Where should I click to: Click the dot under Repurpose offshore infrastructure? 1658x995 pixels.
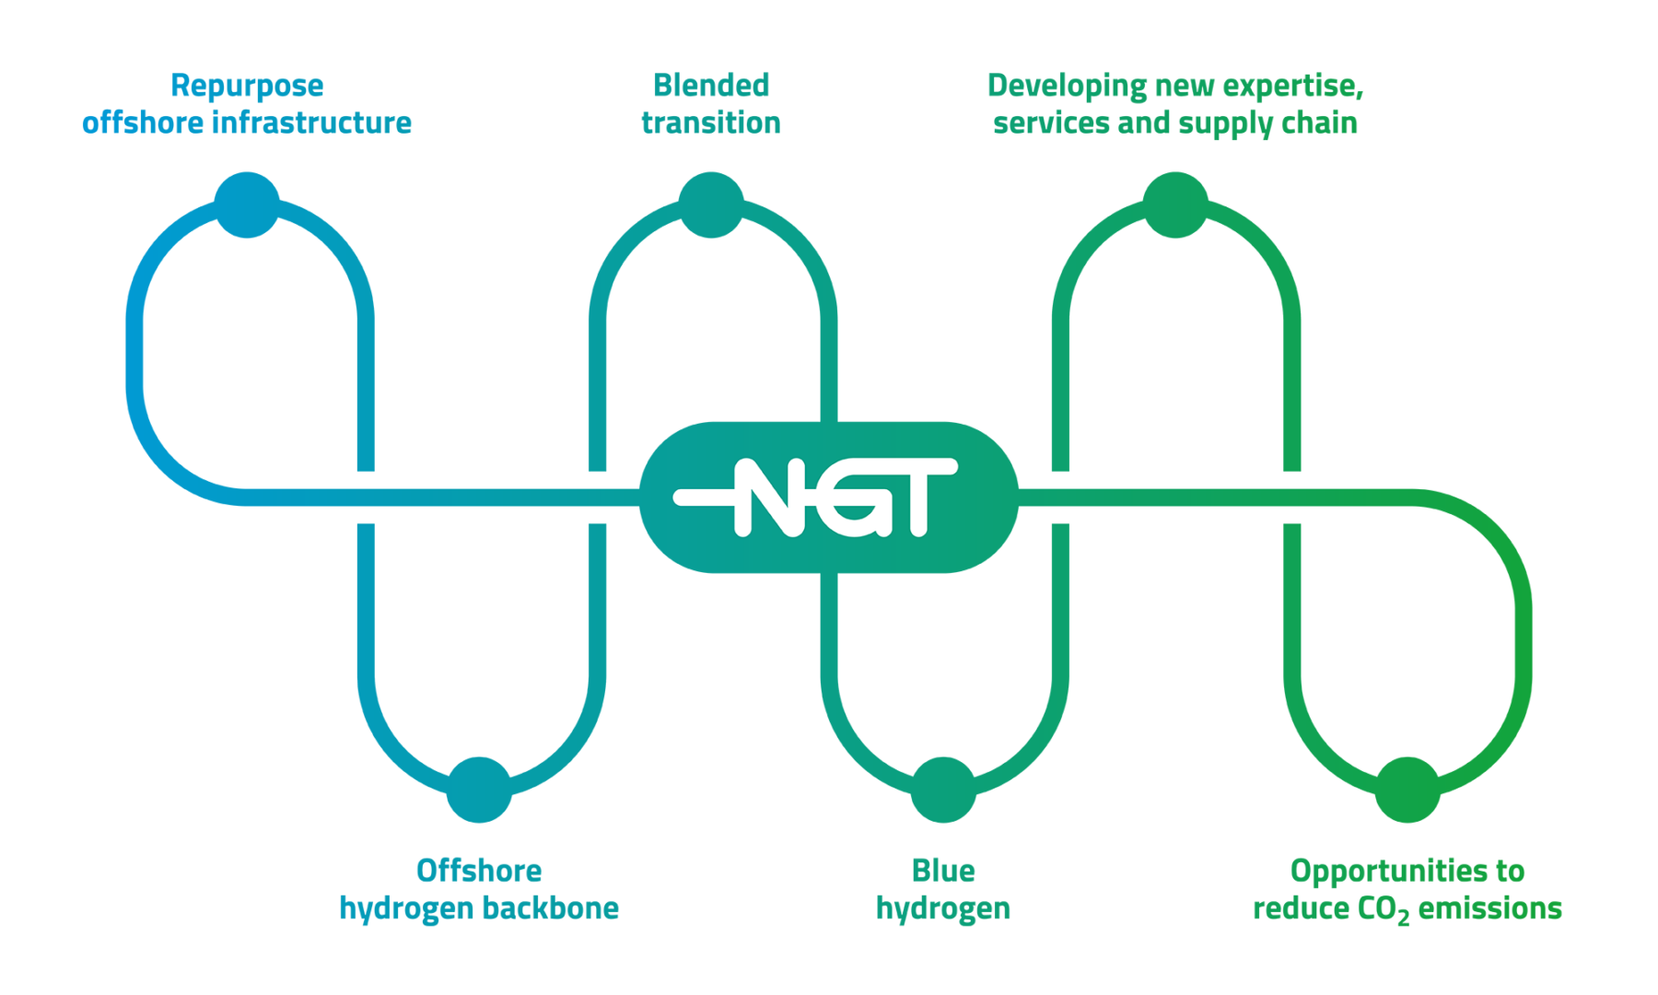pyautogui.click(x=247, y=205)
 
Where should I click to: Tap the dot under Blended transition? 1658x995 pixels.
pyautogui.click(x=711, y=205)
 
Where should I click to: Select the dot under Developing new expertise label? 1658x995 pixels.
pyautogui.click(x=1175, y=205)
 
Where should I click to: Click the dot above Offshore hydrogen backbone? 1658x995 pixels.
pyautogui.click(x=479, y=790)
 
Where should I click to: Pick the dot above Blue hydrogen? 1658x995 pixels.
pyautogui.click(x=943, y=790)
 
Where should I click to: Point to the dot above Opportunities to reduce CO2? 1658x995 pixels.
pyautogui.click(x=1407, y=790)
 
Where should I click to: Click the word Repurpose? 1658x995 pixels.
pyautogui.click(x=247, y=87)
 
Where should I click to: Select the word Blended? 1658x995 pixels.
pyautogui.click(x=711, y=86)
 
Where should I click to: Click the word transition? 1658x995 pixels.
pyautogui.click(x=711, y=123)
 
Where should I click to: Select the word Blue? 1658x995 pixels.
pyautogui.click(x=943, y=871)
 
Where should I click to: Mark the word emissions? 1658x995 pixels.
pyautogui.click(x=1489, y=908)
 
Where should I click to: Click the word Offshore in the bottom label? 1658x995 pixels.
pyautogui.click(x=479, y=871)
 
